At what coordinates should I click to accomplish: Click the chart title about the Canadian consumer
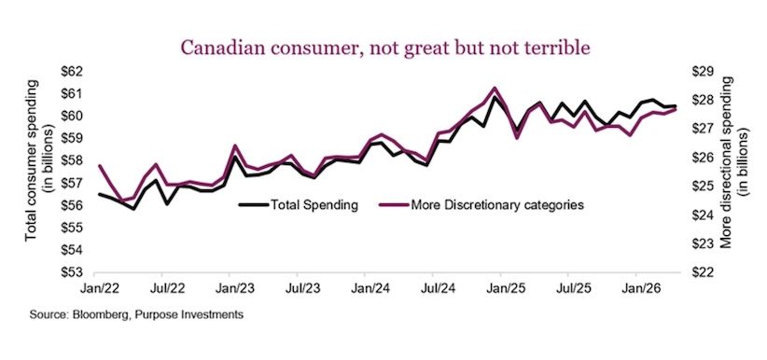385,48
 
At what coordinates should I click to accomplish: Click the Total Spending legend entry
299,205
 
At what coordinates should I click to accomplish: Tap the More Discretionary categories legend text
481,205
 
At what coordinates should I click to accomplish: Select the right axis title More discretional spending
733,162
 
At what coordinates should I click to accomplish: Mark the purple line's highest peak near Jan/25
495,88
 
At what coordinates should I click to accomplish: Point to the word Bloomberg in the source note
97,315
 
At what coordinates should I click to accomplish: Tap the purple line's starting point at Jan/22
100,165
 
